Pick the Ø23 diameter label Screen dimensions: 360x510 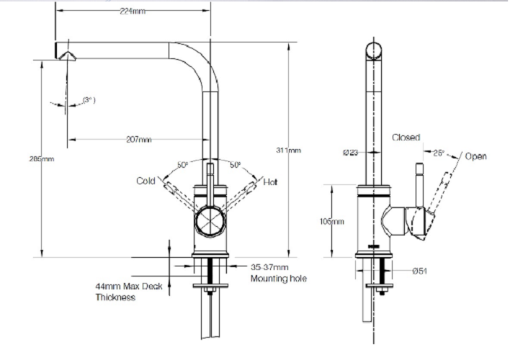(351, 152)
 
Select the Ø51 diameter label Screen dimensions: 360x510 (421, 271)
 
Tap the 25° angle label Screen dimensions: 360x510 (439, 153)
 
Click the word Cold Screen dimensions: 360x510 (146, 181)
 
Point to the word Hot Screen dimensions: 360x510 (270, 182)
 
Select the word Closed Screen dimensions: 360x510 (406, 138)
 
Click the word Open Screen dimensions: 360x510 (475, 156)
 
